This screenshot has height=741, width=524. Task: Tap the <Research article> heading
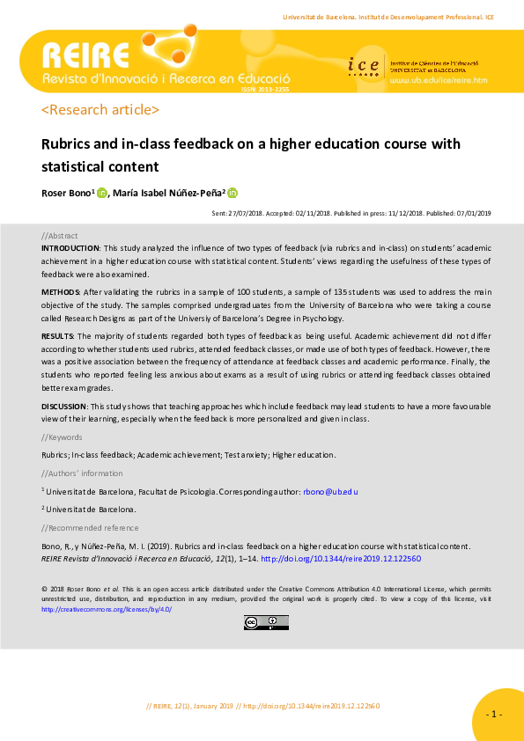click(100, 110)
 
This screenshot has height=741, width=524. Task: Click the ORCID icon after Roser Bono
click(101, 193)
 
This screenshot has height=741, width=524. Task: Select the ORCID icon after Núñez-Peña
click(232, 193)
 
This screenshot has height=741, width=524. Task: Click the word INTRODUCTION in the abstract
click(70, 250)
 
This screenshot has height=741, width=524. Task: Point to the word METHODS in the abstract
click(61, 291)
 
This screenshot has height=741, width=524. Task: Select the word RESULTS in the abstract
click(58, 336)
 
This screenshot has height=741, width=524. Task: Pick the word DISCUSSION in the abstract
click(64, 406)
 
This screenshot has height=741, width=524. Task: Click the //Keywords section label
click(62, 437)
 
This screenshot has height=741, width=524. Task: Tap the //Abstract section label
click(60, 236)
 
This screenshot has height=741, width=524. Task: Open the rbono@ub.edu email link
click(330, 491)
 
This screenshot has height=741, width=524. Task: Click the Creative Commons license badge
click(266, 622)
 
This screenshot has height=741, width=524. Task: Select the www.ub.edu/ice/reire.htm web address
click(438, 81)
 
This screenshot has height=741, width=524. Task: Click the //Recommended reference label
click(90, 528)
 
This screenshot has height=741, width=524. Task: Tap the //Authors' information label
click(83, 473)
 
